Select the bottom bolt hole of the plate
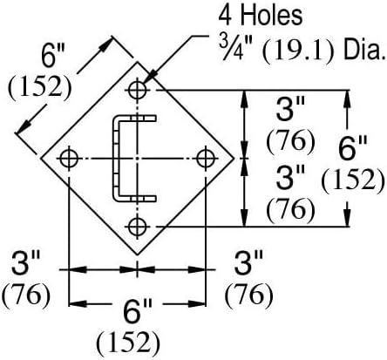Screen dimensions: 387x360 coord(137,227)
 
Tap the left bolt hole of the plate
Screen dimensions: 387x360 coord(69,159)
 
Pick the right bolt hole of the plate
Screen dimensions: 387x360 coord(206,159)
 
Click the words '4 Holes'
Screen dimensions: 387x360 coord(261,16)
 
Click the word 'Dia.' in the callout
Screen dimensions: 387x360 coord(363,51)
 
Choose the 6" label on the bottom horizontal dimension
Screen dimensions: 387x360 coord(138,312)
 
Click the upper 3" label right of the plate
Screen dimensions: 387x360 coord(290,109)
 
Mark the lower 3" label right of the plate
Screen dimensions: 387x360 coord(290,177)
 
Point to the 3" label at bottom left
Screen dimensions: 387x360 coord(25,263)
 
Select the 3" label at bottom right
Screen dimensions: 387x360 coord(248,263)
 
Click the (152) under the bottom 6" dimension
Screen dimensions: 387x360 coord(128,343)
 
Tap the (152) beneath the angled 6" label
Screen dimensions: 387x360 coord(40,86)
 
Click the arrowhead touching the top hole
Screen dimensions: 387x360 coord(149,79)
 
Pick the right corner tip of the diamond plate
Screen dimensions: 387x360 coord(234,159)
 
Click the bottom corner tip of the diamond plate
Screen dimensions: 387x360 coord(137,255)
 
